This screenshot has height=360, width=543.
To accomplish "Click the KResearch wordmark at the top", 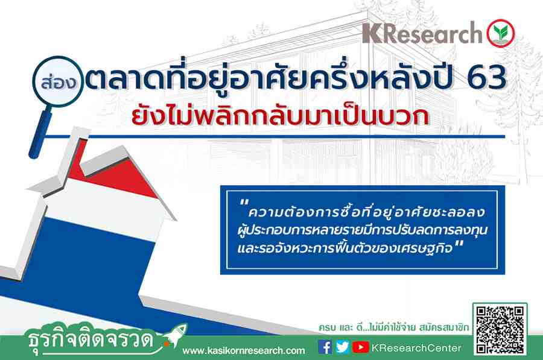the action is pyautogui.click(x=422, y=33).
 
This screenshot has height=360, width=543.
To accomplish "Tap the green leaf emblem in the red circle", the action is pyautogui.click(x=500, y=33).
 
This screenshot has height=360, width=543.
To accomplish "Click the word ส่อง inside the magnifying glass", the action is pyautogui.click(x=58, y=83).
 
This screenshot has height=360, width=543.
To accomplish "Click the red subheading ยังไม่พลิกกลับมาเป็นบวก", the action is pyautogui.click(x=280, y=116).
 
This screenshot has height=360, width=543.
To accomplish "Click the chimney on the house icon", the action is pyautogui.click(x=74, y=153).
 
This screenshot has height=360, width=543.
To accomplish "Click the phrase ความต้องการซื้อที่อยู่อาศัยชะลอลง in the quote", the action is pyautogui.click(x=367, y=212).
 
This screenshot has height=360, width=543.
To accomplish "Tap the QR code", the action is pyautogui.click(x=500, y=329).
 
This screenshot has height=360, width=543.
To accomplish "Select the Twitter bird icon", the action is pyautogui.click(x=343, y=347).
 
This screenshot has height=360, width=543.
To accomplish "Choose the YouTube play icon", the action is pyautogui.click(x=361, y=347).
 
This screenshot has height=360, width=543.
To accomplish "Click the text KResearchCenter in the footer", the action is pyautogui.click(x=416, y=348).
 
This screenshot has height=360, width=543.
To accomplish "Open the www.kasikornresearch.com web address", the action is pyautogui.click(x=244, y=351).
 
